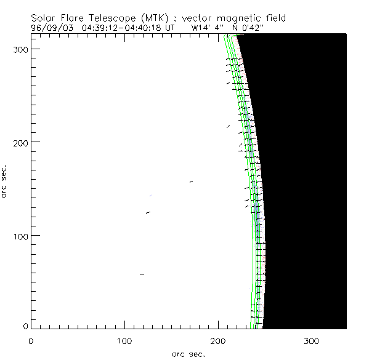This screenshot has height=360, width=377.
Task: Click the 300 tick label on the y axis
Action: (20, 48)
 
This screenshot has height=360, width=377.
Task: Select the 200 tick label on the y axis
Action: (20, 142)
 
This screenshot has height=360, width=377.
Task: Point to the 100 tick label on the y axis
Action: (20, 236)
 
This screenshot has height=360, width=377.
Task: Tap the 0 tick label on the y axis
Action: (25, 326)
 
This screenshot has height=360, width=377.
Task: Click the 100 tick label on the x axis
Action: (124, 340)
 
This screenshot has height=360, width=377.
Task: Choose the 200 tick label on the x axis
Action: (218, 340)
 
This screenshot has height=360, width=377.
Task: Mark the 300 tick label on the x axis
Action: (312, 340)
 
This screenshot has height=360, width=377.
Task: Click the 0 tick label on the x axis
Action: (31, 340)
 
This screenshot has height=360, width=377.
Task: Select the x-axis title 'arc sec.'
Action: (188, 353)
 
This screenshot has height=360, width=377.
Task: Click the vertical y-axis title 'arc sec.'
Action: (6, 181)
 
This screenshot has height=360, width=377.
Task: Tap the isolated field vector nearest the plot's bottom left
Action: (142, 274)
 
